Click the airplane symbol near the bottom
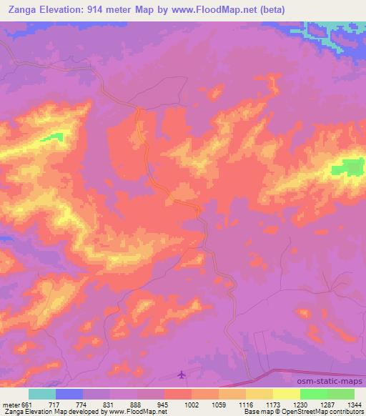pyautogui.click(x=182, y=374)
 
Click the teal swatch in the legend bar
pyautogui.click(x=42, y=394)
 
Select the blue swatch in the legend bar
pyautogui.click(x=69, y=394)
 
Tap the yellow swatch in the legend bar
pyautogui.click(x=287, y=394)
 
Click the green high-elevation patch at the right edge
pyautogui.click(x=347, y=169)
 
